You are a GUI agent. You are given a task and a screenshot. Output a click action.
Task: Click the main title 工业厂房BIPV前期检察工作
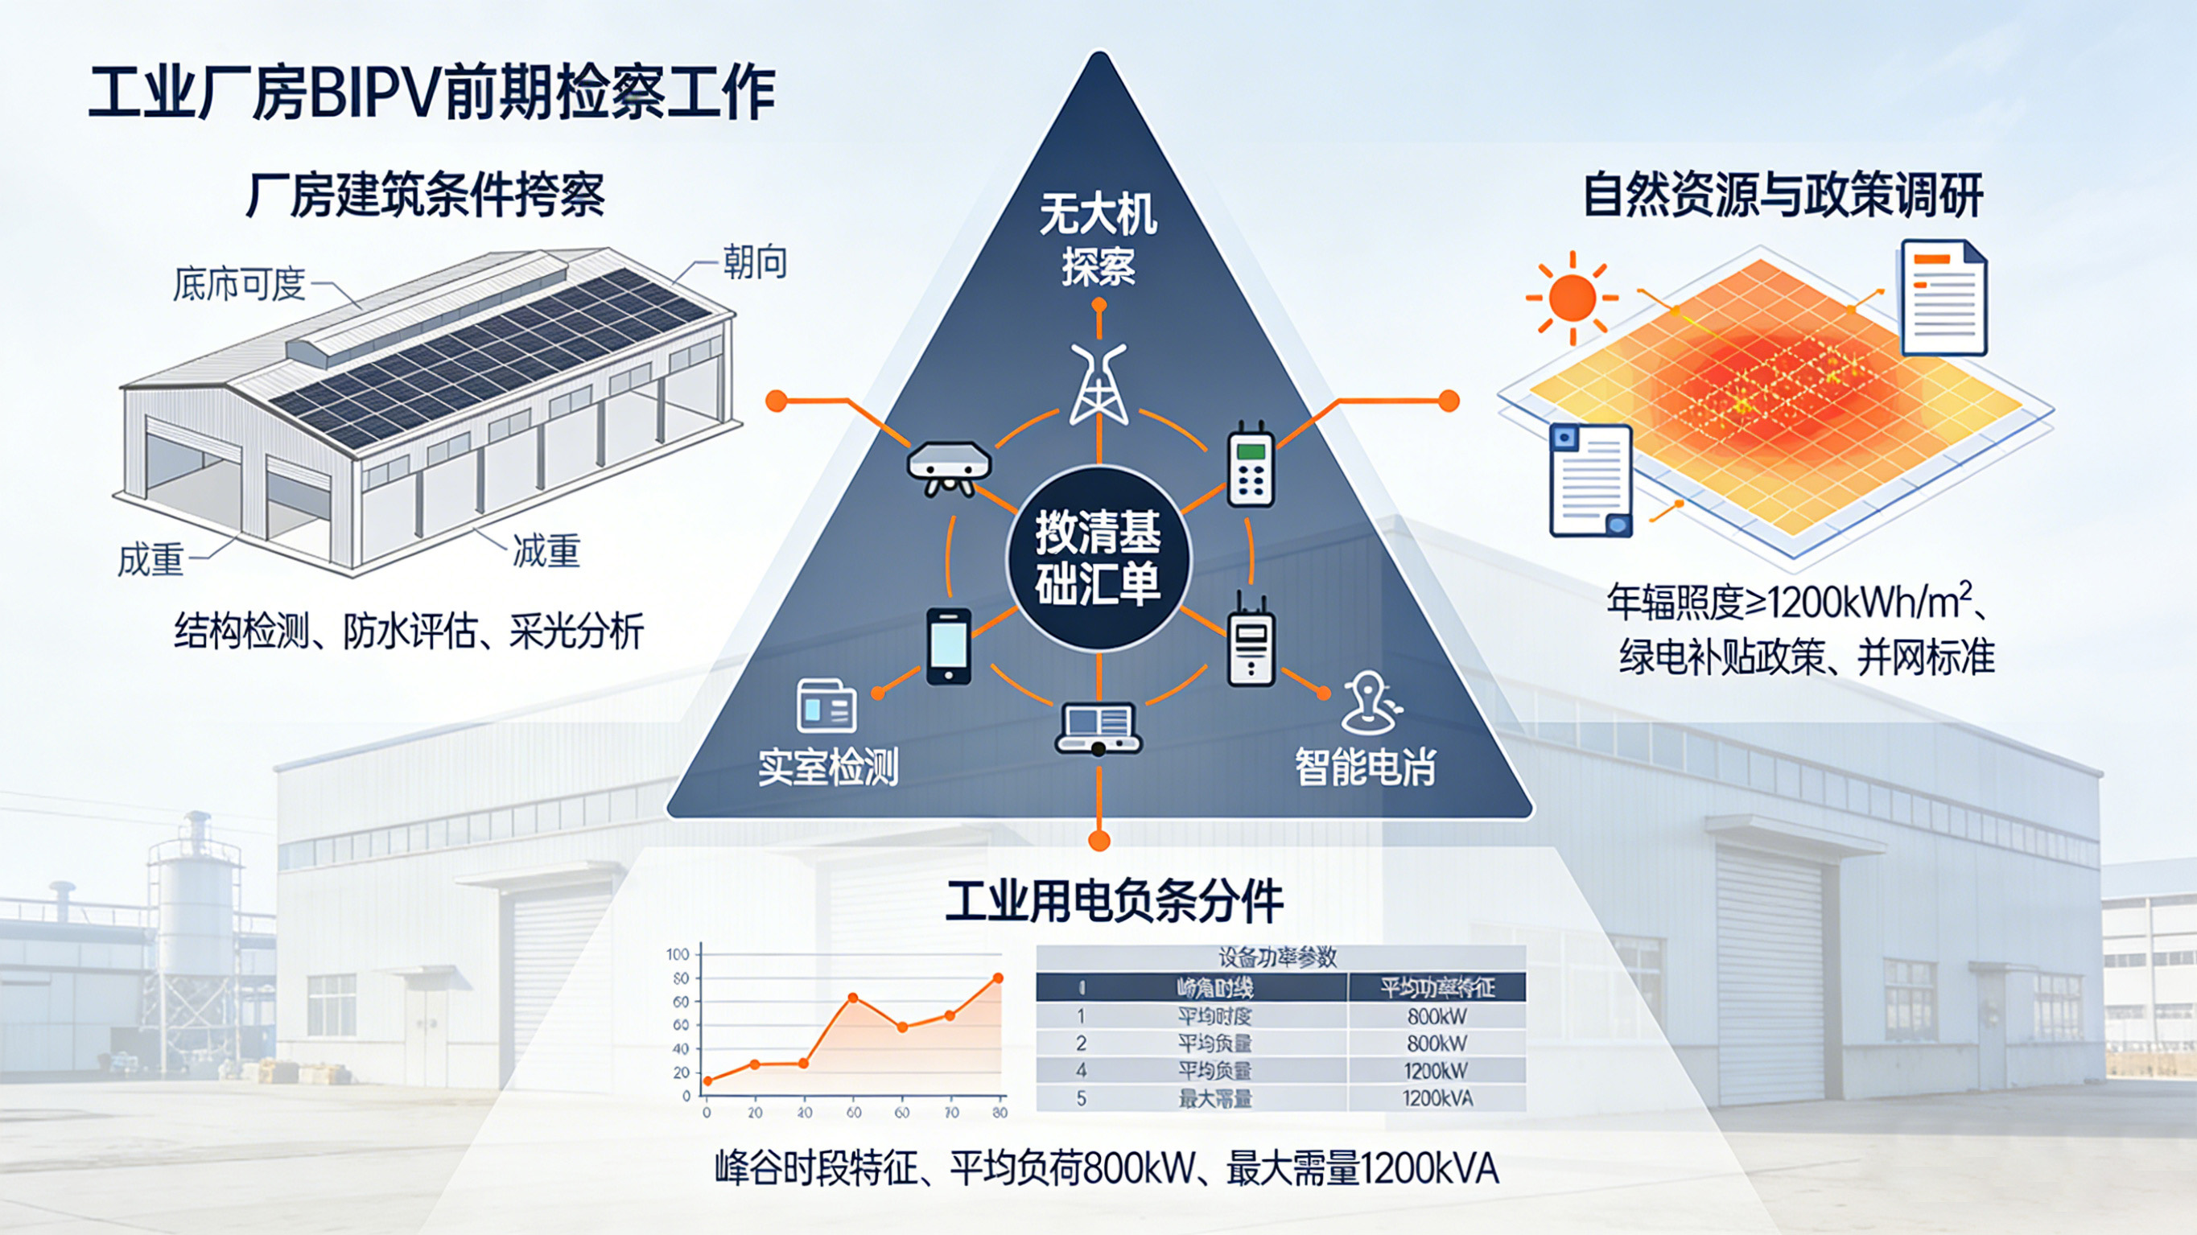coord(431,92)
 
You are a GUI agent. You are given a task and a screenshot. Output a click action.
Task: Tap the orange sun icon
coord(1572,298)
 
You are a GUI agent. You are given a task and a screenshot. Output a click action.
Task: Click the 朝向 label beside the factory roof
coord(755,261)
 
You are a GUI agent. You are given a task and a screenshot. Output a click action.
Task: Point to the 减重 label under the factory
coord(546,551)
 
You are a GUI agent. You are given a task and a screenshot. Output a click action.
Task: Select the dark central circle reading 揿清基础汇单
coord(1098,558)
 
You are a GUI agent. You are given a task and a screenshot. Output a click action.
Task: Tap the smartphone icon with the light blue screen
coord(948,645)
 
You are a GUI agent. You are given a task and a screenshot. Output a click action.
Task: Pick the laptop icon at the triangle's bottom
coord(1098,727)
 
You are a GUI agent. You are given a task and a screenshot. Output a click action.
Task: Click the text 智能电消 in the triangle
coord(1366,767)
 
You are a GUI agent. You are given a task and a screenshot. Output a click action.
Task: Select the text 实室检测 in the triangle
coord(828,767)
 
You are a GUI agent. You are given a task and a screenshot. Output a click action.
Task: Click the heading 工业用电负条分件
coord(1114,902)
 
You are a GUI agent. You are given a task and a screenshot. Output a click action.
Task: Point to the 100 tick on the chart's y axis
coord(678,954)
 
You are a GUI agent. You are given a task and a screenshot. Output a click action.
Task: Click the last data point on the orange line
coord(998,978)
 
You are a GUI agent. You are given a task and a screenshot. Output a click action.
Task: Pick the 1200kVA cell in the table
coord(1437,1098)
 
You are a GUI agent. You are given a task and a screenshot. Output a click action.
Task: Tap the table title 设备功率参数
coord(1278,957)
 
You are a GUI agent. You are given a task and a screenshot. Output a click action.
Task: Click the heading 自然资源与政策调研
coord(1783,196)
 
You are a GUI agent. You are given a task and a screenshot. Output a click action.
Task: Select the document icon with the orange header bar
coord(1943,298)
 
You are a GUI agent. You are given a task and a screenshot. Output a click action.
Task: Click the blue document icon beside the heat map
coord(1590,480)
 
